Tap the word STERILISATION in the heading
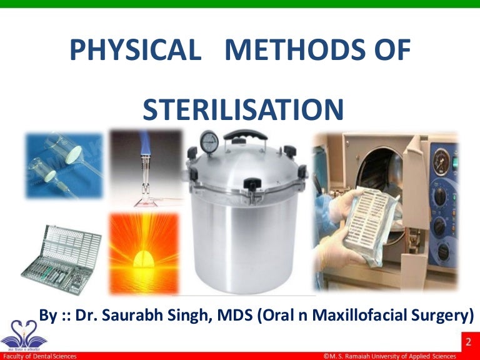[243, 110]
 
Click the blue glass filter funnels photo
[63, 166]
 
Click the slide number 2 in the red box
[468, 342]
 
